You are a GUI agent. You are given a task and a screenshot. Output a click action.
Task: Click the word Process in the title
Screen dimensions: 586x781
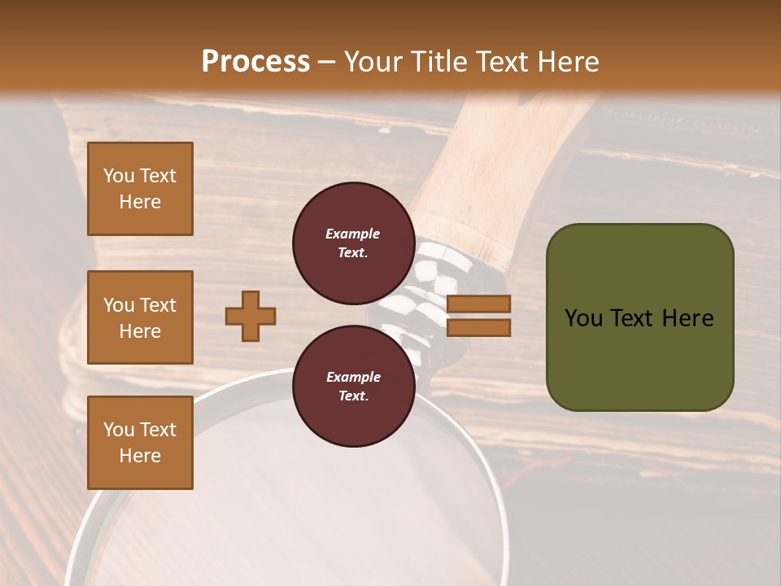click(255, 62)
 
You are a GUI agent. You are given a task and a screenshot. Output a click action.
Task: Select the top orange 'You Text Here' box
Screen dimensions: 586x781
click(140, 189)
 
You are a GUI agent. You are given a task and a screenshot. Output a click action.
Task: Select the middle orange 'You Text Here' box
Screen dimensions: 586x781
click(140, 317)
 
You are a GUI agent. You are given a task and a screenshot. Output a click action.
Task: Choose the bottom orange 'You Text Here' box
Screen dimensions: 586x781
click(140, 442)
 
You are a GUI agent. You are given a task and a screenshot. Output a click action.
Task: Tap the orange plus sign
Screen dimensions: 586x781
click(251, 316)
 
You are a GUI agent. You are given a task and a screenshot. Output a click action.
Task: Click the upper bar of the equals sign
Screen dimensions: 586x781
click(478, 304)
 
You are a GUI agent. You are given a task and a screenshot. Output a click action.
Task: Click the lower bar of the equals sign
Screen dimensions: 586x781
click(478, 327)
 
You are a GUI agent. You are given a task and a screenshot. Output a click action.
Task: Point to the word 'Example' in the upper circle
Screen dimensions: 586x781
click(352, 234)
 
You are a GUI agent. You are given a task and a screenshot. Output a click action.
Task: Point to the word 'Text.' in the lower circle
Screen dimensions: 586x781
click(353, 396)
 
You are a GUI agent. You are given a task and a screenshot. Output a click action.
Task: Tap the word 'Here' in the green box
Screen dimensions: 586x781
click(687, 318)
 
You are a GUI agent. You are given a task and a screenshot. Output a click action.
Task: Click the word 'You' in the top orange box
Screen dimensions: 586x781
click(118, 176)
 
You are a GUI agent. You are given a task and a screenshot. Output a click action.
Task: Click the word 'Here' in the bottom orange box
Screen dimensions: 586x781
click(140, 456)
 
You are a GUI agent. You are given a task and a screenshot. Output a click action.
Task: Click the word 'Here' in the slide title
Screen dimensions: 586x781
click(564, 62)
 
